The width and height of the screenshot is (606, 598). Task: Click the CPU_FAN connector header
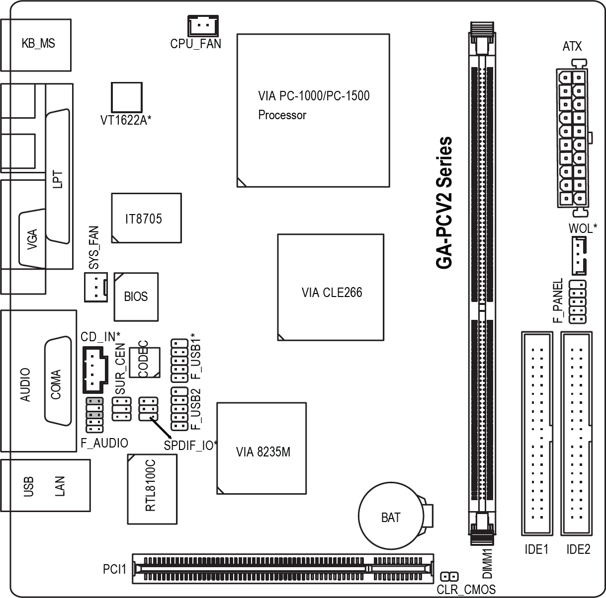pos(203,25)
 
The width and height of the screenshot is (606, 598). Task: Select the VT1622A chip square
pos(126,97)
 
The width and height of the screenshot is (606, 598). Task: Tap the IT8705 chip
pos(146,218)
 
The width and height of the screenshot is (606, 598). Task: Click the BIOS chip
pos(136,297)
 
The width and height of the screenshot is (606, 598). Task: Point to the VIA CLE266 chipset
pos(331,287)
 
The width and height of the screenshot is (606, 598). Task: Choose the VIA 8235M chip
pos(261,448)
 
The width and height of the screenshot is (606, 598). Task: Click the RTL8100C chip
pos(152,489)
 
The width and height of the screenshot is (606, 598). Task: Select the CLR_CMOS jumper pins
pos(449,576)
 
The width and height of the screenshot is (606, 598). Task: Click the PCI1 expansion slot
pos(283,569)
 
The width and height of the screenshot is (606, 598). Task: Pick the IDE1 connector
pos(537,433)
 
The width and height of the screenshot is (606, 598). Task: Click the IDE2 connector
pos(576,433)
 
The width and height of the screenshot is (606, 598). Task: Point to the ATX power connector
pos(572,138)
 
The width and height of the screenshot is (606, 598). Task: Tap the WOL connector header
pos(579,255)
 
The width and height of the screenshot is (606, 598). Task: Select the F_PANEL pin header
pos(577,301)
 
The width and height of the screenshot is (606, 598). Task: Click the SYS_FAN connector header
pos(96,287)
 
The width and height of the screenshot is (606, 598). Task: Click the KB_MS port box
pos(36,45)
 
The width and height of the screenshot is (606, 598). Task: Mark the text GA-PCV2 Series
pos(444,203)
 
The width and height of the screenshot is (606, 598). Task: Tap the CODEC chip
pos(145,362)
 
